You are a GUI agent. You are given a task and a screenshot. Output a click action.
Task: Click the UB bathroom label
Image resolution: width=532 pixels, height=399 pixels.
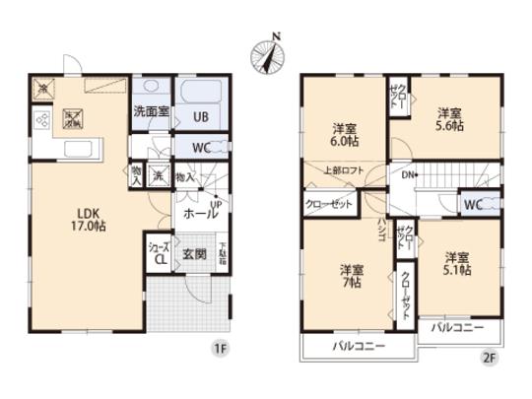pyautogui.click(x=200, y=115)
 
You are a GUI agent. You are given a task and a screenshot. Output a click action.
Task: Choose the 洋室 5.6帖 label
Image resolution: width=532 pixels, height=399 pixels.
pyautogui.click(x=450, y=118)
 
